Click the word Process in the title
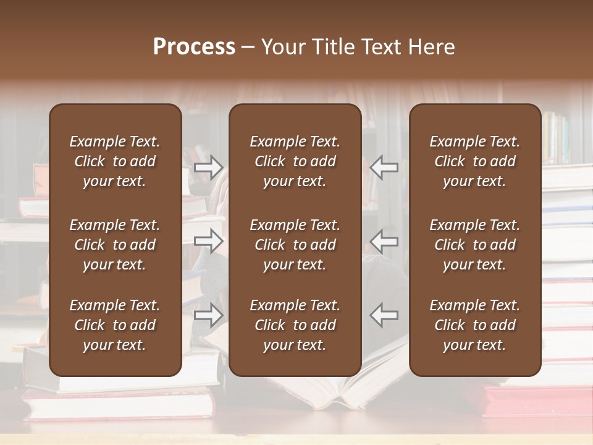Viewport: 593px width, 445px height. point(194,47)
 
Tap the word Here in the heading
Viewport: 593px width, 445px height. point(431,47)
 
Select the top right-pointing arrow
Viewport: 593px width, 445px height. point(209,167)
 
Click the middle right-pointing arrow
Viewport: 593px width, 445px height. point(209,240)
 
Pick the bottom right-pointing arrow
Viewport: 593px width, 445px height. point(209,315)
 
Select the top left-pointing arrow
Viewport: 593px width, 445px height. point(384,167)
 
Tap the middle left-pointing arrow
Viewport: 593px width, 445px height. point(384,240)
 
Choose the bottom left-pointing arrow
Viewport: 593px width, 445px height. point(384,315)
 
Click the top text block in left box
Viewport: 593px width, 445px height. point(115,161)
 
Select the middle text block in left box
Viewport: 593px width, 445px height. point(115,245)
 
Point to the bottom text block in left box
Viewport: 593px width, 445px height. point(115,325)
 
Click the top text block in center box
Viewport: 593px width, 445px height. point(295,161)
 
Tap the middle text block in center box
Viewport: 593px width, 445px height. point(295,245)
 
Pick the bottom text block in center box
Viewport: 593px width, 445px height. point(295,325)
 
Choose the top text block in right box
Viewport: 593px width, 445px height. point(475,161)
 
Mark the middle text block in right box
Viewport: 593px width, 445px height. point(475,245)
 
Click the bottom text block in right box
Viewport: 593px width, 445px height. point(475,325)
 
